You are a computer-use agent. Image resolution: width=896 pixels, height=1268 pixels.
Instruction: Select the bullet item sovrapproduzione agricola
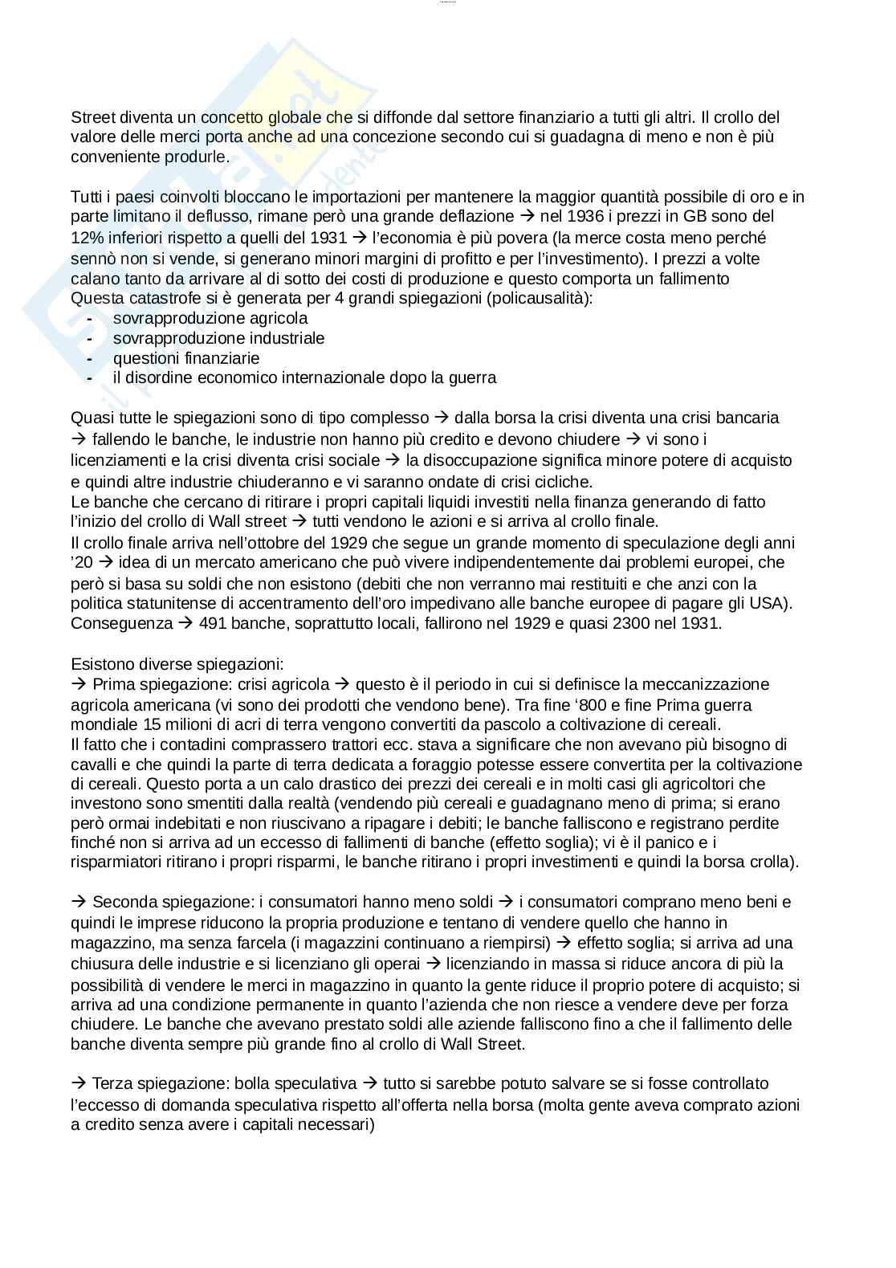210,318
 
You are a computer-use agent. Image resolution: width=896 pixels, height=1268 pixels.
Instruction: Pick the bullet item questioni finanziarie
186,357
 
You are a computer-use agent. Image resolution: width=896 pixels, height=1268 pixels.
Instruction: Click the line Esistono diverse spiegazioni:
177,664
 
